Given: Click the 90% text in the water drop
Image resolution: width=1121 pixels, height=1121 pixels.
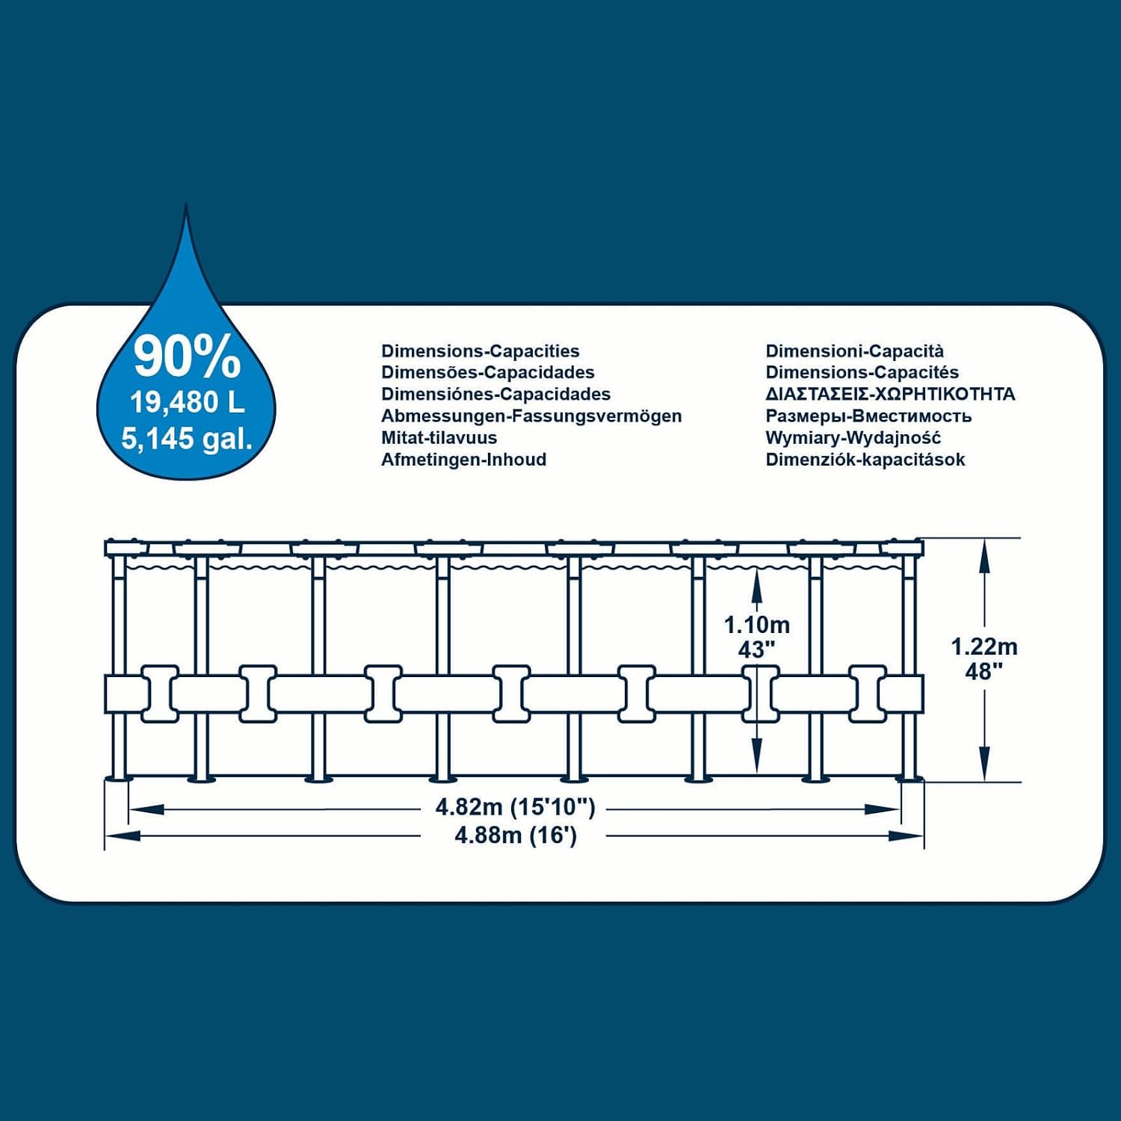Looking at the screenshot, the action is tap(188, 357).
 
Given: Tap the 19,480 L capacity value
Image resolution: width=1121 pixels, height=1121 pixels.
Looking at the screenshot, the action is tap(188, 402).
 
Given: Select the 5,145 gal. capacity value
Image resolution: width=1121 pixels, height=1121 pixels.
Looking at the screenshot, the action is tap(187, 439).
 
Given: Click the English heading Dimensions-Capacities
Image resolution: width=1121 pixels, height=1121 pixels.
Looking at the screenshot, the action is tap(481, 351).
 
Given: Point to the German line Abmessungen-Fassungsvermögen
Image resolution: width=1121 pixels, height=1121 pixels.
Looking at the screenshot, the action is tap(531, 416).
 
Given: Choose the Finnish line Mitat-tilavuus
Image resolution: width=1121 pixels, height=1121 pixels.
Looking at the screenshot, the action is tap(439, 438).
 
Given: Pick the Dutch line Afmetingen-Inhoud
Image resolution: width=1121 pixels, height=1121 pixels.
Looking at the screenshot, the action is tap(463, 460).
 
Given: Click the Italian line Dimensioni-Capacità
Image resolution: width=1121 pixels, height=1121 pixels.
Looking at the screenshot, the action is tap(855, 351).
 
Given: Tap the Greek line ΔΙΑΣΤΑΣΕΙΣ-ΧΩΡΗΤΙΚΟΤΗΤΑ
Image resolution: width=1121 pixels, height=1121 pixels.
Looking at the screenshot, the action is tap(891, 394).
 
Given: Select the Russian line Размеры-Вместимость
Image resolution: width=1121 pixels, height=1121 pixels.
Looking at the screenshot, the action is tap(868, 416).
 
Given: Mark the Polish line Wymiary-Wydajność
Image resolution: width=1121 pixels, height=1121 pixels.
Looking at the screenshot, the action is tap(853, 438).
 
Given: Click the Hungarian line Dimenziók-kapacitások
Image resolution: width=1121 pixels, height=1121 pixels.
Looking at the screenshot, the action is tap(865, 460).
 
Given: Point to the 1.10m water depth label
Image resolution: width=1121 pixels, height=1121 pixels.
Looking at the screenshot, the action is tap(757, 625).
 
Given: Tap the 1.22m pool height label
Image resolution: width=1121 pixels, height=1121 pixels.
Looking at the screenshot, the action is tap(984, 646).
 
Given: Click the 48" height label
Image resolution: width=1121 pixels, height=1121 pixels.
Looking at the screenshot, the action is tap(984, 672).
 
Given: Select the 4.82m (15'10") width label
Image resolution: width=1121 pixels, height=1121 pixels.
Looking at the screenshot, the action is tap(516, 807).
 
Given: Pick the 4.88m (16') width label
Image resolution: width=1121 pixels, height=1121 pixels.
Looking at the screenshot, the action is tap(516, 835).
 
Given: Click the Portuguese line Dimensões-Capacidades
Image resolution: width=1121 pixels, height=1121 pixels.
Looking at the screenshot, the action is tap(488, 373).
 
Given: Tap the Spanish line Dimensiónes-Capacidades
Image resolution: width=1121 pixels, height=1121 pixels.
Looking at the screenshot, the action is tap(495, 395).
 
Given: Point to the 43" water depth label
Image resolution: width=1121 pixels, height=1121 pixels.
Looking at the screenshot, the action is tap(757, 650).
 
